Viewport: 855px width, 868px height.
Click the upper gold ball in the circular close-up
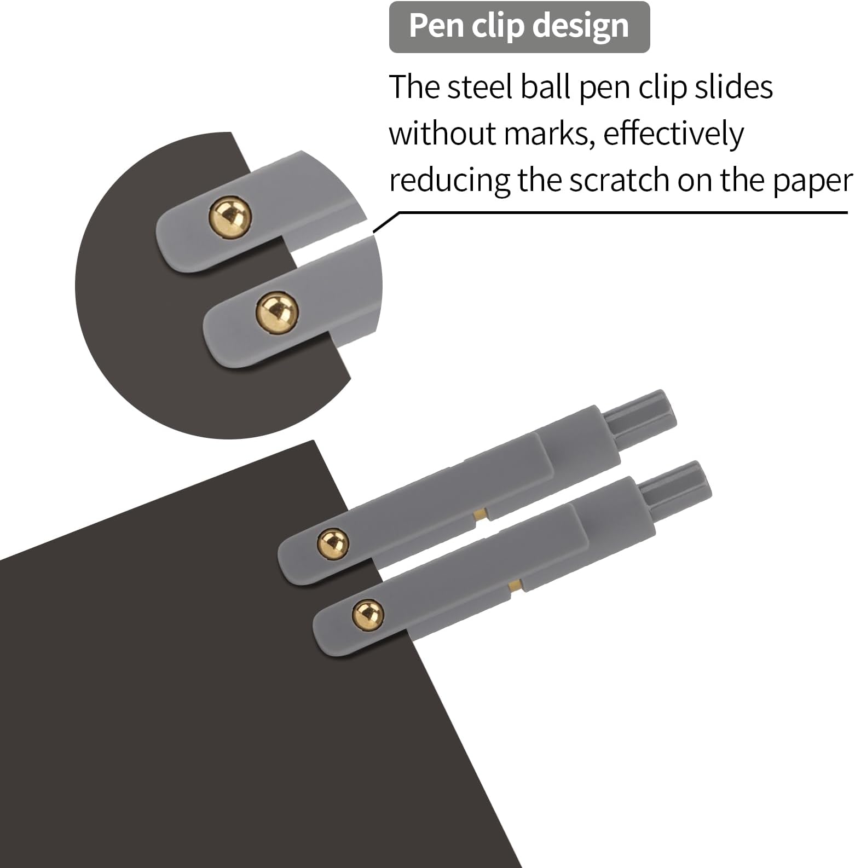[230, 218]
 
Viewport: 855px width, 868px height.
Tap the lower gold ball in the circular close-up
[277, 311]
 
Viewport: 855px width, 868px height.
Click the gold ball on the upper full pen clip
[333, 544]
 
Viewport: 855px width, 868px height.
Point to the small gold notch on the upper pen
[481, 514]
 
